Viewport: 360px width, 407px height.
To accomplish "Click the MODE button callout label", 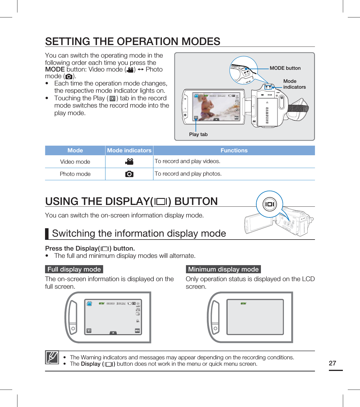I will pos(285,68).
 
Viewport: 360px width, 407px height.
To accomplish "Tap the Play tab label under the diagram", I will pos(198,134).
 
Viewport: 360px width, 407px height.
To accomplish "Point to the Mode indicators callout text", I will pos(294,84).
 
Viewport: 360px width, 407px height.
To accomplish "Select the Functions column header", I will pos(234,150).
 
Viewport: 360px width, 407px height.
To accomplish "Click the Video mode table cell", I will pos(75,162).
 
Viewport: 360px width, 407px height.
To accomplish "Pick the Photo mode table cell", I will pos(75,174).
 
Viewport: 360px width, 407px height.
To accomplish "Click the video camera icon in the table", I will pos(129,162).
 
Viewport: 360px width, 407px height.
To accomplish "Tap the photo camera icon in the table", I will pos(129,174).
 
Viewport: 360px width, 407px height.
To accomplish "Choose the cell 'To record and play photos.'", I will pos(188,174).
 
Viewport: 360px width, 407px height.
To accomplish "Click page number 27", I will pos(332,363).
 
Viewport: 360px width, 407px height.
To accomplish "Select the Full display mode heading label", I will pos(74,269).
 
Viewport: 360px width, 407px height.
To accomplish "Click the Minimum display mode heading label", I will pos(223,269).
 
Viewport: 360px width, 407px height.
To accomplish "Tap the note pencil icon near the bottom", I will pos(52,357).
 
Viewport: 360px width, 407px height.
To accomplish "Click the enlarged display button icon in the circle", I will pos(269,204).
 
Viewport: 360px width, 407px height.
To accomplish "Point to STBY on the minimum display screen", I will pos(243,304).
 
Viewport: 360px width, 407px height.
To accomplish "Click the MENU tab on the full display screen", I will pos(137,331).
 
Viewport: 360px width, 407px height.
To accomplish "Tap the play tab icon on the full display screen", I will pos(89,331).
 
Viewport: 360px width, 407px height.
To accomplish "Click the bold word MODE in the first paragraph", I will pos(55,69).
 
